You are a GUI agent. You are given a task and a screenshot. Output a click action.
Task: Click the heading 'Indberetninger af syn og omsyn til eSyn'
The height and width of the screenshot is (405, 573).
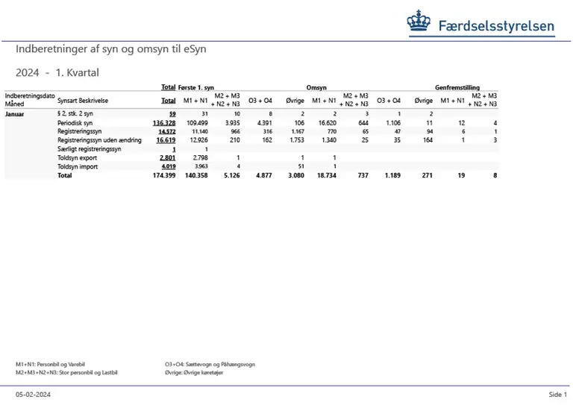tap(110, 49)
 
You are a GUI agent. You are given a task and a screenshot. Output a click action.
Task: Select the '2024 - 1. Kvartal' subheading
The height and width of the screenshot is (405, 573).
tap(57, 73)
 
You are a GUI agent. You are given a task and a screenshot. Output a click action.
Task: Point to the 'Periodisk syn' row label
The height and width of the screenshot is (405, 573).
tap(75, 122)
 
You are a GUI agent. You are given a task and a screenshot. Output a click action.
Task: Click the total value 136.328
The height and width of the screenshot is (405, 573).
tap(164, 122)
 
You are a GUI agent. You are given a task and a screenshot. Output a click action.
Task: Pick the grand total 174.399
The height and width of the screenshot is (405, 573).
tap(163, 175)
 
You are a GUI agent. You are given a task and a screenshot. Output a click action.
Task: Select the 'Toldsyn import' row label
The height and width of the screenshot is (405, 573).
tap(78, 166)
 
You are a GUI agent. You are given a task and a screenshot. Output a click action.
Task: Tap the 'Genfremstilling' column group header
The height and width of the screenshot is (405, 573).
tap(457, 87)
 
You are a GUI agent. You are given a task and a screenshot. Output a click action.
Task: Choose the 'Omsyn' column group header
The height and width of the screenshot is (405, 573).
tap(316, 87)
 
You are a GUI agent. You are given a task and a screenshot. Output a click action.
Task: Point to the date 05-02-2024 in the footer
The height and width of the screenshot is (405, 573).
tap(33, 394)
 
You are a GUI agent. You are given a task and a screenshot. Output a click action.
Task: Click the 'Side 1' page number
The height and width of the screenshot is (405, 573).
tap(557, 394)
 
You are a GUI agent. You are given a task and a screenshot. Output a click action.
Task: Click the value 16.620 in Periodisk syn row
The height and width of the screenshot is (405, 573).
tap(328, 122)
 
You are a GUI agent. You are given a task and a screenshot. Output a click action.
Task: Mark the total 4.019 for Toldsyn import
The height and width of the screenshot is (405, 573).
tap(166, 166)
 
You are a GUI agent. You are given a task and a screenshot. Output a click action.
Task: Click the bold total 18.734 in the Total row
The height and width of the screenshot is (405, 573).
tap(327, 175)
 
